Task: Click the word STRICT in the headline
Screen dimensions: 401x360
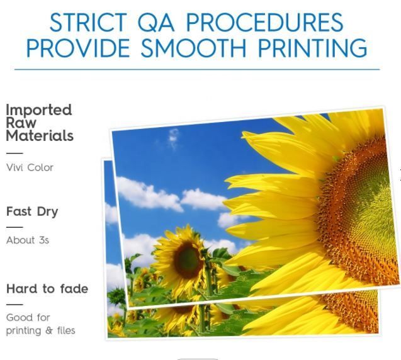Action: click(x=88, y=22)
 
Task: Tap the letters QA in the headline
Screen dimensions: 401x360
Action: click(x=155, y=23)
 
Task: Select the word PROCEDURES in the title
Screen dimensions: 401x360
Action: click(x=264, y=22)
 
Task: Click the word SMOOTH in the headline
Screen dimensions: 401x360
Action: click(x=193, y=48)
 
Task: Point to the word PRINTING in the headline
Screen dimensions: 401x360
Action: click(x=312, y=48)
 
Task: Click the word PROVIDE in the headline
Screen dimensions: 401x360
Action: click(x=78, y=48)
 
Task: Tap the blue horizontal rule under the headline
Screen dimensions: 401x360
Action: click(x=197, y=69)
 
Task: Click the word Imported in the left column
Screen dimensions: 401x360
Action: click(x=38, y=111)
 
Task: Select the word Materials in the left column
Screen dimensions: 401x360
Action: click(x=40, y=135)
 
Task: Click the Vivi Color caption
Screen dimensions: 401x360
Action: click(x=30, y=167)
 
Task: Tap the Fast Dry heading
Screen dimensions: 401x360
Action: click(x=32, y=211)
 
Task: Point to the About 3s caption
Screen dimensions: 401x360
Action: click(x=28, y=240)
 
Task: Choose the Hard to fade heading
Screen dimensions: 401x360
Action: click(x=47, y=289)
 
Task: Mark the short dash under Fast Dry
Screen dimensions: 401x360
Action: click(x=14, y=227)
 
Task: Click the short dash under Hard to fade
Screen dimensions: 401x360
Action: click(x=14, y=305)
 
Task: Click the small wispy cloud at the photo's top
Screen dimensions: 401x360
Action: click(x=173, y=138)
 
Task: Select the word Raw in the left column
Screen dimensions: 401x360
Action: click(x=21, y=123)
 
